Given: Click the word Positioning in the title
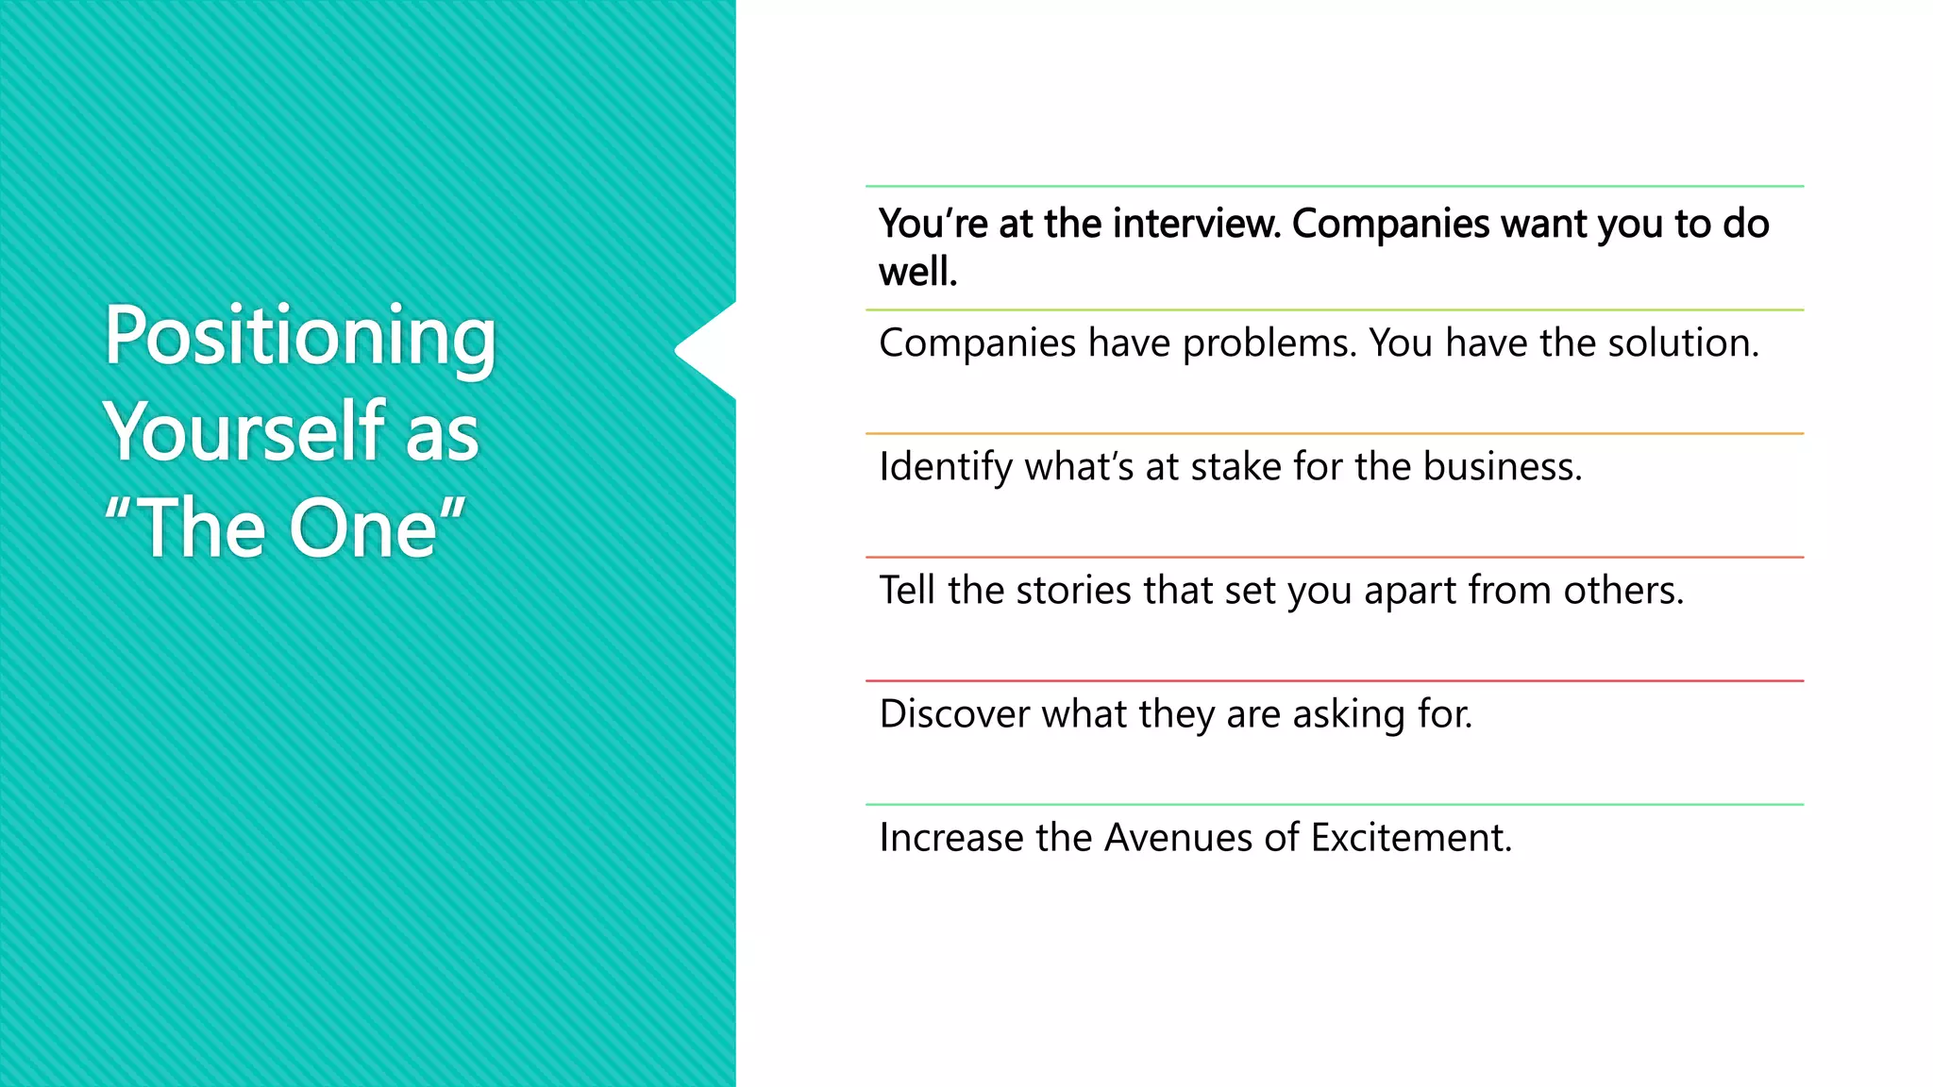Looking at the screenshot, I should coord(300,337).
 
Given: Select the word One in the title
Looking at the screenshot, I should coord(363,528).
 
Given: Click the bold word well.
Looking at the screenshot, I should coord(917,273).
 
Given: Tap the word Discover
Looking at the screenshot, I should coord(954,714).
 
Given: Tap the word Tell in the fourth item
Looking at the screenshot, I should coord(908,591).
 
